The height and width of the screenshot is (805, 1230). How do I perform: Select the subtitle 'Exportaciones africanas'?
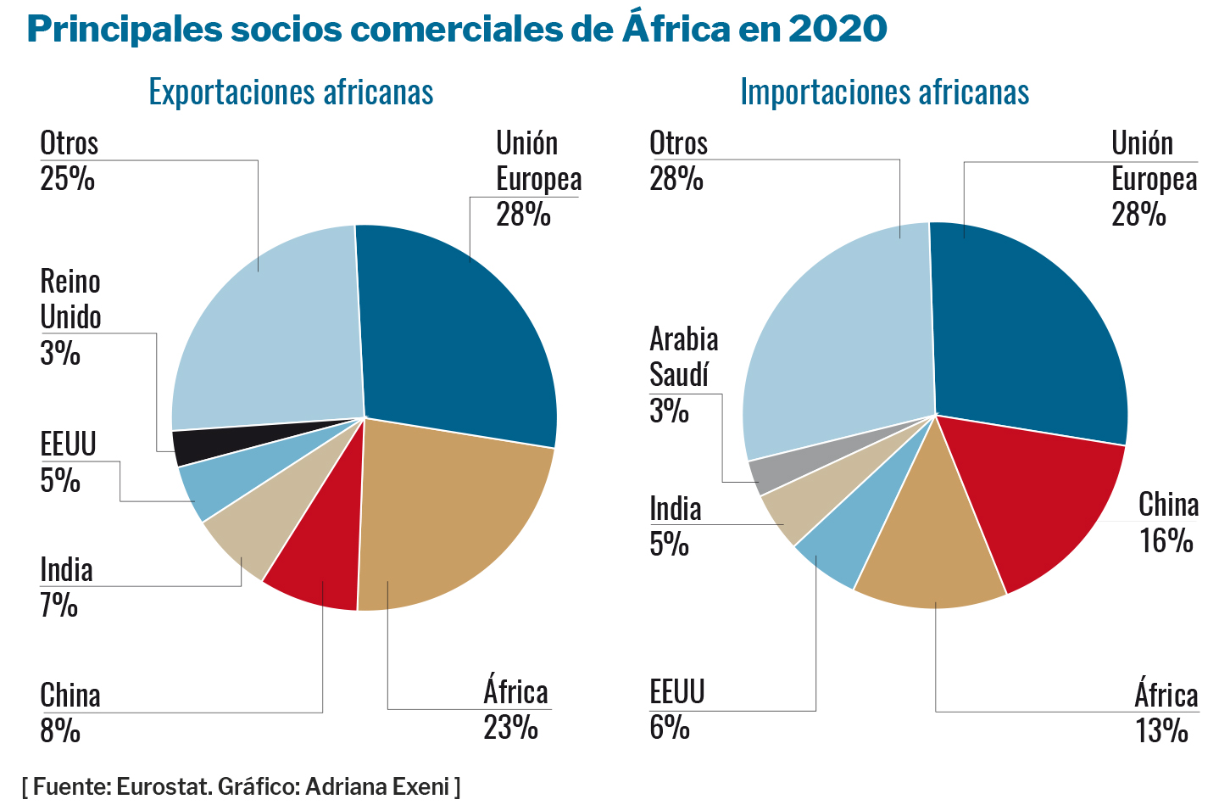(291, 92)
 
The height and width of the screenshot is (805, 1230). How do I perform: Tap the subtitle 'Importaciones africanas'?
(884, 92)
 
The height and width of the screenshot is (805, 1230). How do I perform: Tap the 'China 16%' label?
(1168, 523)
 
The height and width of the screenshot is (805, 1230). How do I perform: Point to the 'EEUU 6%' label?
(676, 709)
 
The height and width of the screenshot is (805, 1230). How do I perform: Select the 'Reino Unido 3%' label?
(70, 316)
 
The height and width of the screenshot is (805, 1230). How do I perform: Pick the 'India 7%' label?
(65, 587)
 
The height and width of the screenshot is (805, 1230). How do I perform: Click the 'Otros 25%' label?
(69, 160)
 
